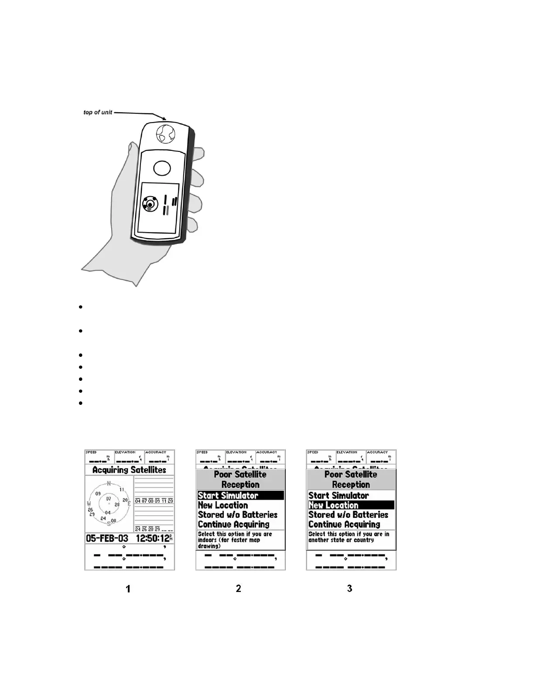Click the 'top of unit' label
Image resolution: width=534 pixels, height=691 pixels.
point(98,112)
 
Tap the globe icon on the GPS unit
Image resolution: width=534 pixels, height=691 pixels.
point(165,133)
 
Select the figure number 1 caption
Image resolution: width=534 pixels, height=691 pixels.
point(128,589)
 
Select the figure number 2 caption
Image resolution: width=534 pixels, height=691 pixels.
point(238,588)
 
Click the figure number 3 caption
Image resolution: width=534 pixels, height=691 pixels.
point(349,588)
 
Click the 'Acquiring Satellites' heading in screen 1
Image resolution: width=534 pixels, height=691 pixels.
point(129,470)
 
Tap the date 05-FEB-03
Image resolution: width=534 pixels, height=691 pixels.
point(107,538)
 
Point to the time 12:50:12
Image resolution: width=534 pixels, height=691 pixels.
point(152,538)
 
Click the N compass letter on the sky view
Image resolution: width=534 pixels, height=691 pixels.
point(109,483)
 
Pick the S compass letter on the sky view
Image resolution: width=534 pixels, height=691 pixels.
point(109,523)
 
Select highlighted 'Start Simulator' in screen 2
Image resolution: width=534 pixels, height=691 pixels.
point(228,496)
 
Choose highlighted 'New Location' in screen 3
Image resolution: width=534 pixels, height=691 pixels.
point(333,505)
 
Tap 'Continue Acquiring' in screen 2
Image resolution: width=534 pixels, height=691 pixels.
point(233,524)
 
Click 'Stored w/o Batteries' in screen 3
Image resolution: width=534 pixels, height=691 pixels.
point(348,515)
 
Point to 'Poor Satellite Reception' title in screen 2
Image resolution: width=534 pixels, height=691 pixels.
point(240,479)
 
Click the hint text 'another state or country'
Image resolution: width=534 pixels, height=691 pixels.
point(341,540)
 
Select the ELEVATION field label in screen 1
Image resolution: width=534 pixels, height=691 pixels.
point(125,452)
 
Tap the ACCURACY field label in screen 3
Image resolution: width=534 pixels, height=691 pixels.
point(377,452)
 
